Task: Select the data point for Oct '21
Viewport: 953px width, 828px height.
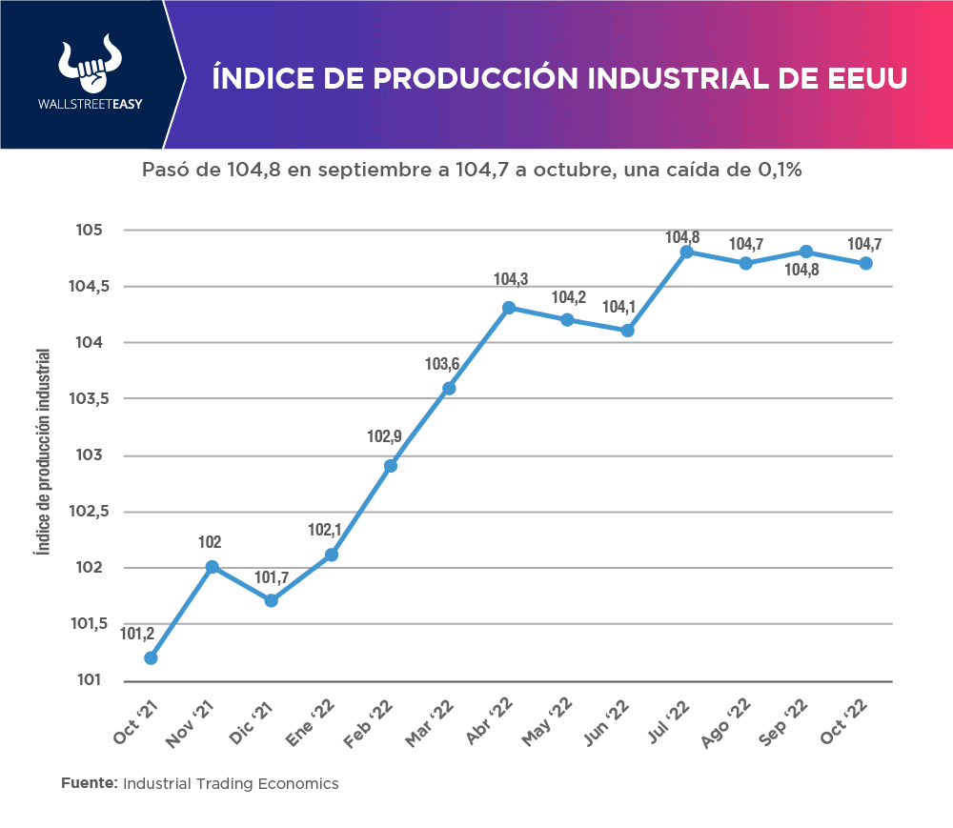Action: (151, 657)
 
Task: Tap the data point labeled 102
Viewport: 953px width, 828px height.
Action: (213, 567)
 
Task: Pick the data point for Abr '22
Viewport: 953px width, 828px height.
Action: (509, 308)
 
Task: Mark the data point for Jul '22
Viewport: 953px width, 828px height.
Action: (686, 252)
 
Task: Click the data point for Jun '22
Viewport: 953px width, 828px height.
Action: (627, 331)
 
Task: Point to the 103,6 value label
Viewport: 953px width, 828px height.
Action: (441, 364)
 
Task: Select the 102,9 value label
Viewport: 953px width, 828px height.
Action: (383, 436)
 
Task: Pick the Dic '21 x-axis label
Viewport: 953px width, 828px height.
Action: (256, 725)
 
